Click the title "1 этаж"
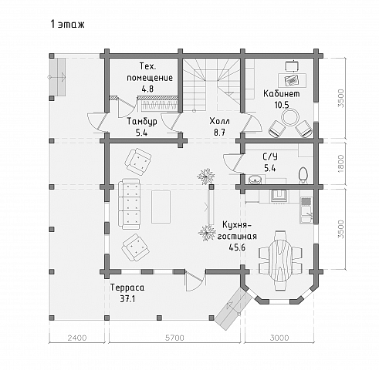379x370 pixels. click(67, 24)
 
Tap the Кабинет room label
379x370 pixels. click(282, 93)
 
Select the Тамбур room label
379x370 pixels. click(142, 121)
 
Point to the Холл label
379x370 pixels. click(219, 121)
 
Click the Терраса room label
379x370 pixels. click(127, 288)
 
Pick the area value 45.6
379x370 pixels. click(237, 247)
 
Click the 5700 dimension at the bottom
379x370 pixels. click(174, 338)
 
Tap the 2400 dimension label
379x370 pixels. click(77, 338)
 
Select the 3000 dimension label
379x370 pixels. click(279, 338)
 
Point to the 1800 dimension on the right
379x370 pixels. click(340, 163)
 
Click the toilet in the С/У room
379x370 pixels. click(303, 175)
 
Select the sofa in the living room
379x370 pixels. click(129, 204)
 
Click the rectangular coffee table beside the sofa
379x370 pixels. click(161, 207)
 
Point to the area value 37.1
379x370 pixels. click(127, 299)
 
